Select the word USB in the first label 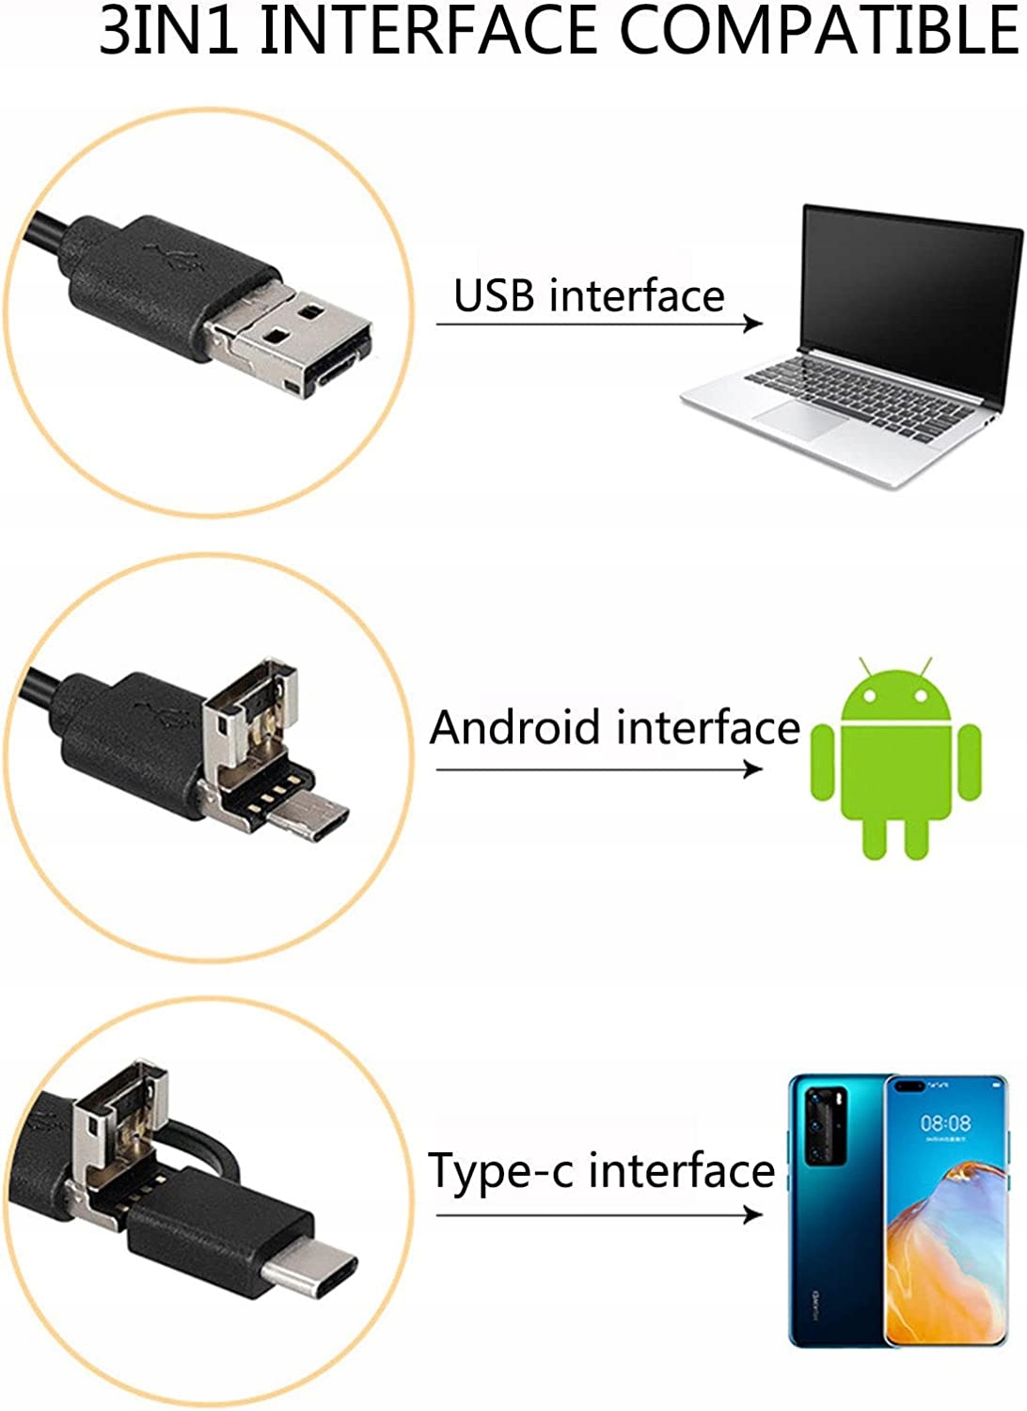(x=495, y=295)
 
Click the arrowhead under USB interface (x=753, y=324)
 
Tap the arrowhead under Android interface (x=753, y=769)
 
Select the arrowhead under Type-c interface (x=753, y=1214)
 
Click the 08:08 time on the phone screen (x=945, y=1123)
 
